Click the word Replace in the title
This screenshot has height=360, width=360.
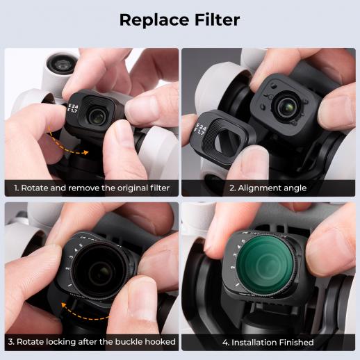(155, 20)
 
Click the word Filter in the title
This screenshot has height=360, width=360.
(217, 19)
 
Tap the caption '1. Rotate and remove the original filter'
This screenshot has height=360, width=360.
(92, 188)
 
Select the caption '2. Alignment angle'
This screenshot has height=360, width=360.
(268, 188)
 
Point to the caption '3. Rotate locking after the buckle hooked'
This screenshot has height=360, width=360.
(92, 342)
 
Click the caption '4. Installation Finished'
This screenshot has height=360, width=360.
(268, 343)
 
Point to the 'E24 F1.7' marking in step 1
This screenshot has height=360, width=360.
(72, 108)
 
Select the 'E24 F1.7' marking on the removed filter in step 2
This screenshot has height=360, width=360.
(200, 129)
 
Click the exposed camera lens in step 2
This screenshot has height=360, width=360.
(287, 107)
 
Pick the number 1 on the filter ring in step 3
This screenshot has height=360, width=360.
(69, 286)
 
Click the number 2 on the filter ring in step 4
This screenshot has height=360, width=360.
(233, 268)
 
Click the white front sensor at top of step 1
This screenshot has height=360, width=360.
(62, 64)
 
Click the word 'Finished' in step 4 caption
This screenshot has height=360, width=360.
(296, 343)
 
